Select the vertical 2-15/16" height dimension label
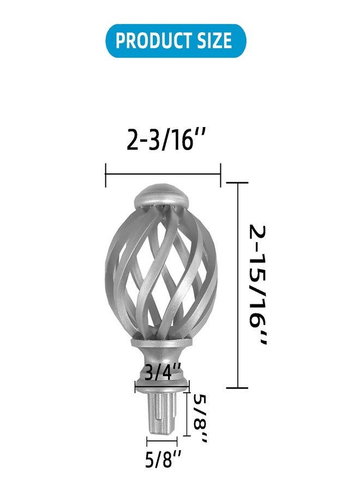pos(258,285)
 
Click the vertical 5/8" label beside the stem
pos(200,418)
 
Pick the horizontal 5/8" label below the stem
pos(163,460)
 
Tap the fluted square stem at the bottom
pos(161,414)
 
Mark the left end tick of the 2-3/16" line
pos(106,175)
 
